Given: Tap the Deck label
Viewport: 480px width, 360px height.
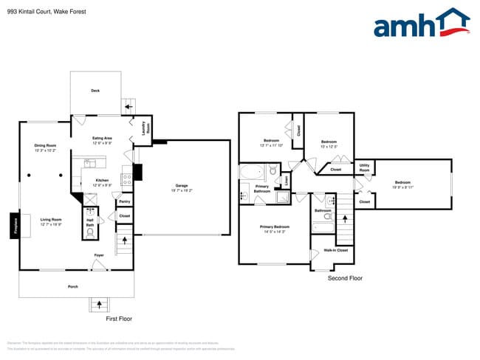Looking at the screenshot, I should coord(95,91).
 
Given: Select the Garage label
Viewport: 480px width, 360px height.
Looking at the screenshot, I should coord(181,187).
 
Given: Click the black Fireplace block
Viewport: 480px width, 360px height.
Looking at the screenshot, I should coord(14,226).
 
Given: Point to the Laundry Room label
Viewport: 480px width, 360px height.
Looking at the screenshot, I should coord(143,128).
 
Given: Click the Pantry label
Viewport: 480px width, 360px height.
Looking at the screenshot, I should coord(124,201).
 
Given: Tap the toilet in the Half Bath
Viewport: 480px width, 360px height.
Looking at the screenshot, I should coord(90,232).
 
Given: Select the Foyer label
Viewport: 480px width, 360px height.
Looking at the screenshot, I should coord(98,255).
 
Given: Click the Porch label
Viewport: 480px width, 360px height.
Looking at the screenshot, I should coord(73,286).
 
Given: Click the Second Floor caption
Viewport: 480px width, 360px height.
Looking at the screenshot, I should coord(345,278).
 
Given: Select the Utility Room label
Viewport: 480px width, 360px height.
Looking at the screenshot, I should coord(364,167).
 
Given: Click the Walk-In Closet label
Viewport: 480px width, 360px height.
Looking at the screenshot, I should coord(336,250).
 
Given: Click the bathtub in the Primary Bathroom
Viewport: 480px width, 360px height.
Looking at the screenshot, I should coord(252,173).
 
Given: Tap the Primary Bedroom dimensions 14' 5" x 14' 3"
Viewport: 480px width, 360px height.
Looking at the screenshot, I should coord(274,232).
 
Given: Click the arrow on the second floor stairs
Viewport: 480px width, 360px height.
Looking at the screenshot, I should coord(344,220).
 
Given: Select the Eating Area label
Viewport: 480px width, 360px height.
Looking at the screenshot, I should coord(102,138).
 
